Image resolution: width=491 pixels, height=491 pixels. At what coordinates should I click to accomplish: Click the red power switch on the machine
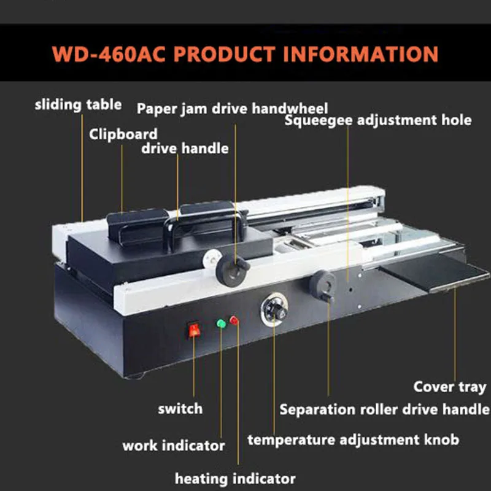click(194, 330)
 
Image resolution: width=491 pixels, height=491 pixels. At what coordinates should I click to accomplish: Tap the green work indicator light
click(221, 323)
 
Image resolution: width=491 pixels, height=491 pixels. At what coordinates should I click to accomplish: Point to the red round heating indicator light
click(234, 320)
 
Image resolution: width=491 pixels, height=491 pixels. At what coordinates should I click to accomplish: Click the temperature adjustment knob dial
click(276, 311)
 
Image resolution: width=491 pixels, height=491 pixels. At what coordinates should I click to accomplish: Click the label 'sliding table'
click(78, 104)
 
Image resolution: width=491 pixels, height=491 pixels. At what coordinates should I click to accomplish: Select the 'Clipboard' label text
click(123, 133)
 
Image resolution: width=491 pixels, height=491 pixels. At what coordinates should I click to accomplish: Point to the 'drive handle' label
click(185, 148)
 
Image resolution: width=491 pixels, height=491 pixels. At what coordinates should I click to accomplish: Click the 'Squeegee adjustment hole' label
click(378, 120)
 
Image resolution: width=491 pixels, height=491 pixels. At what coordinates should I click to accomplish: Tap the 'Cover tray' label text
click(449, 387)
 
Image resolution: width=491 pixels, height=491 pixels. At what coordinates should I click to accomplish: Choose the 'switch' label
click(180, 408)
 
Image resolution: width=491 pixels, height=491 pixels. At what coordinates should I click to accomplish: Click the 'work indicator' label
click(173, 446)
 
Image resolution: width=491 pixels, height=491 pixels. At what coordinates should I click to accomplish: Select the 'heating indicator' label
click(235, 478)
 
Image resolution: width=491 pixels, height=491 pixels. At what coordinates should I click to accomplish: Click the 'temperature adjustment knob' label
click(353, 440)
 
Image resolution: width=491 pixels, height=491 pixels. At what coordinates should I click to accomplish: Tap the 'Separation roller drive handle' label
click(385, 409)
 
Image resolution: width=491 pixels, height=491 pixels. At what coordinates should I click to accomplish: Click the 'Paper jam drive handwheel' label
click(232, 109)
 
